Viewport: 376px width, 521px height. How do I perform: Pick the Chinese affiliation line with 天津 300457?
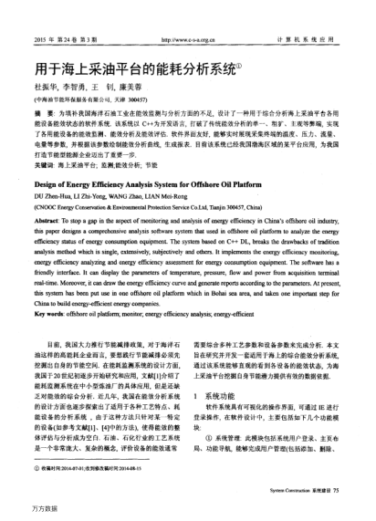[82, 99]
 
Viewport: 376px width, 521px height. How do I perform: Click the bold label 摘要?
[42, 111]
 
